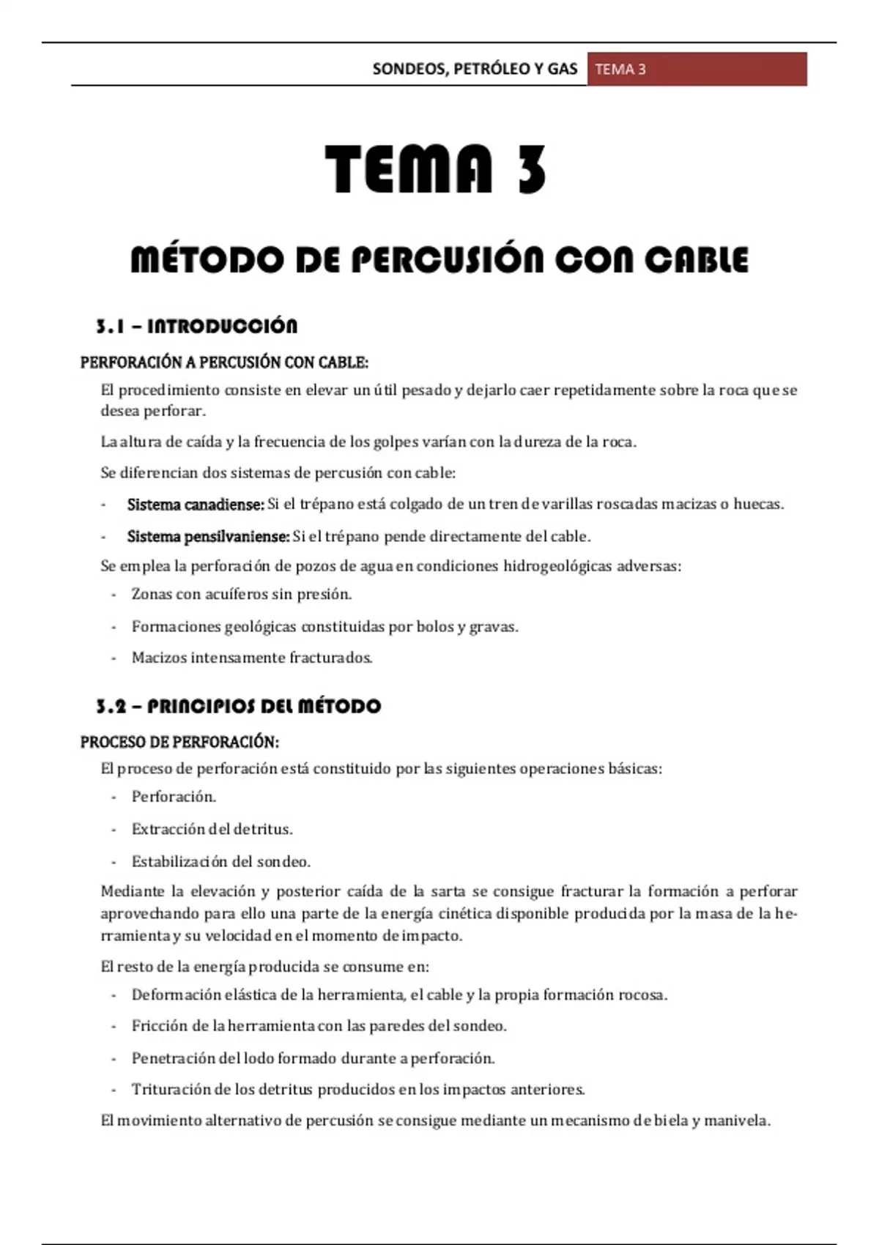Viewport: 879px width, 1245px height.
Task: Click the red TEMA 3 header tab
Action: [696, 70]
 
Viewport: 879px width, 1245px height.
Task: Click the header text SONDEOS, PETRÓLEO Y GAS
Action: [475, 70]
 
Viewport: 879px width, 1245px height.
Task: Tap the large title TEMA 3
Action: [436, 168]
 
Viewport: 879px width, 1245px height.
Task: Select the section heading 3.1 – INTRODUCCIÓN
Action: [196, 326]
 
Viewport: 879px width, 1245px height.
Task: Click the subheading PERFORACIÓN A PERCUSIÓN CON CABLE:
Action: [224, 363]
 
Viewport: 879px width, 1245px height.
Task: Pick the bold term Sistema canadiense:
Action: [196, 505]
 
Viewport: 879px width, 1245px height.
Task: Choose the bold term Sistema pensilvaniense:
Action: [209, 537]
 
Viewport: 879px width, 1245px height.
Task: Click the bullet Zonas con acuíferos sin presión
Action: [242, 594]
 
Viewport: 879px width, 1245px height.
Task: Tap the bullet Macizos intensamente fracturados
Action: [252, 658]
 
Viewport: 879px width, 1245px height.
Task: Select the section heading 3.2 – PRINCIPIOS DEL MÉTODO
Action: [238, 706]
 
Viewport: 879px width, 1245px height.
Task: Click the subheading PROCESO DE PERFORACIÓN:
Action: [179, 743]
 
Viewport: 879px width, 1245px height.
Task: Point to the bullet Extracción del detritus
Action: [212, 829]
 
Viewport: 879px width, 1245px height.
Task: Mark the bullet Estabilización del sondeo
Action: [220, 861]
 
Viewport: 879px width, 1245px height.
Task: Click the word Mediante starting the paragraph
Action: [132, 891]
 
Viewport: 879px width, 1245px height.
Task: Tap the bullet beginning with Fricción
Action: [319, 1026]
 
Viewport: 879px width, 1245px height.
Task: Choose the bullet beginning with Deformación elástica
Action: [399, 995]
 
